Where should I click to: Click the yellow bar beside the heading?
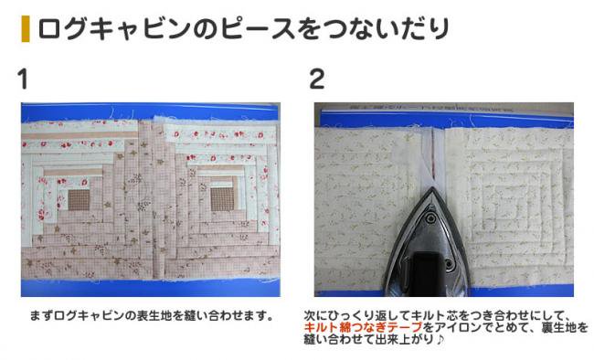coord(25,28)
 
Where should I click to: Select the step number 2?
coord(318,79)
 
